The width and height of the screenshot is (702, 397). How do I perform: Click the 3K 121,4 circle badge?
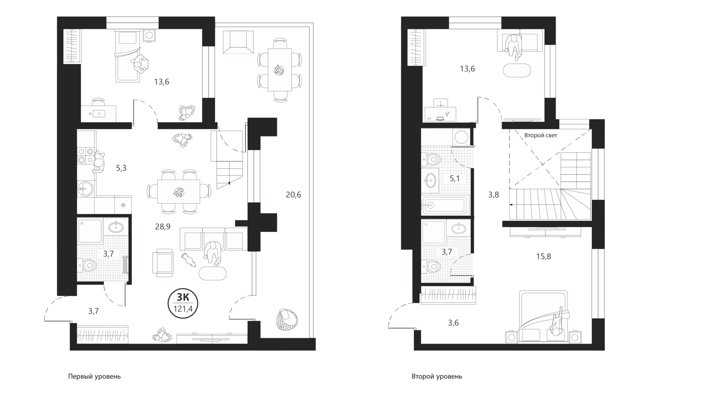(x=183, y=305)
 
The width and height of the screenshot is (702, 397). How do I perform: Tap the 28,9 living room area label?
(x=163, y=227)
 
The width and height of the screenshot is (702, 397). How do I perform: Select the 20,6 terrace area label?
(x=293, y=195)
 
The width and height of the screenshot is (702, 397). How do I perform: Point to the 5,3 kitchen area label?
(x=121, y=168)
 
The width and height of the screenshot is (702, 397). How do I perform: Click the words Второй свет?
(x=541, y=135)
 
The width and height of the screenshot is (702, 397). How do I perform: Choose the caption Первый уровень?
(x=94, y=376)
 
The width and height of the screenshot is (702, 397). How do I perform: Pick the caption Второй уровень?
(x=437, y=376)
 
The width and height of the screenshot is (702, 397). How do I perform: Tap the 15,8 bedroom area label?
(x=544, y=256)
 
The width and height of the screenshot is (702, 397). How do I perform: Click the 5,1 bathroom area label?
(x=454, y=179)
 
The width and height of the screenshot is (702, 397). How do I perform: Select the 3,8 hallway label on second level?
(x=494, y=195)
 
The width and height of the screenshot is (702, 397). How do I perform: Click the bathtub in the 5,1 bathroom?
(x=445, y=206)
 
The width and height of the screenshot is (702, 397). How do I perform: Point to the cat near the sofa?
(x=188, y=259)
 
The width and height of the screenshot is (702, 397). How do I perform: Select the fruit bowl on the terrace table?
(x=280, y=69)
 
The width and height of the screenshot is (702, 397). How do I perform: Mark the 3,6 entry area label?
(x=453, y=323)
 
